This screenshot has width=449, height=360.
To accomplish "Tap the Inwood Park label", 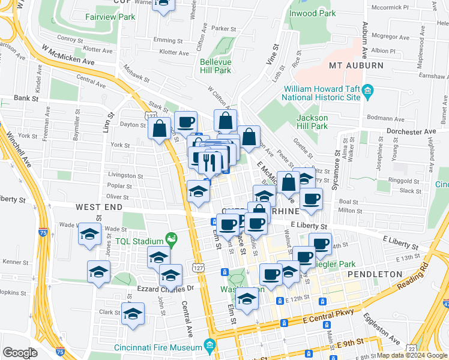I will (x=312, y=13).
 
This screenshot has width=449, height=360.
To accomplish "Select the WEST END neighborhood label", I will (x=98, y=207).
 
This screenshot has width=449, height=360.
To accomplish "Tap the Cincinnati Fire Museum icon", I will (x=209, y=346).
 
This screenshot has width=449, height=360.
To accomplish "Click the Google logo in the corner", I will (x=20, y=353).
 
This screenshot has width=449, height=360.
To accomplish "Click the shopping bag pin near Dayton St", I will (x=160, y=128).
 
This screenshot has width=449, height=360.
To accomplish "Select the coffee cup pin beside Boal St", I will (x=310, y=199).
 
